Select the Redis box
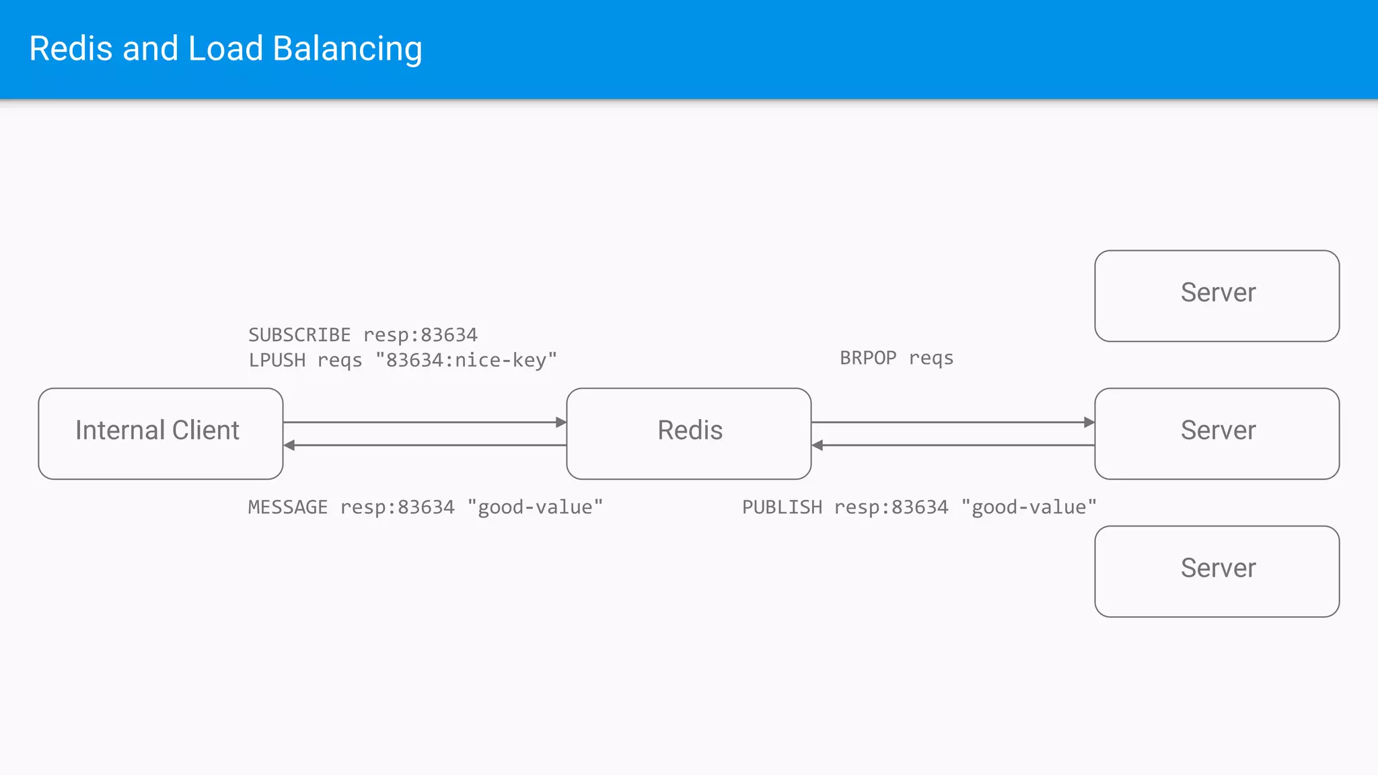[688, 433]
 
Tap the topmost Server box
[1217, 295]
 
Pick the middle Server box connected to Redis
[1217, 433]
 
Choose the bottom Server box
[1217, 571]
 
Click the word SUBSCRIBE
[299, 335]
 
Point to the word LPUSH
[277, 361]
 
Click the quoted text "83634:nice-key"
[466, 361]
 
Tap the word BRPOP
[868, 358]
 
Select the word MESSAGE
[287, 507]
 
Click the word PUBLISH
[782, 507]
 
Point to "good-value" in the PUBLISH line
[1029, 507]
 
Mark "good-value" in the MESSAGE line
[535, 507]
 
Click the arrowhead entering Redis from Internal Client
[561, 422]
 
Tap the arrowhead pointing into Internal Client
[289, 445]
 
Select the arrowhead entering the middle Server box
[1089, 422]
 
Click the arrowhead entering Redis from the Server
[818, 445]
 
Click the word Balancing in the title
[347, 49]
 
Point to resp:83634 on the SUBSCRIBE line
[421, 335]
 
